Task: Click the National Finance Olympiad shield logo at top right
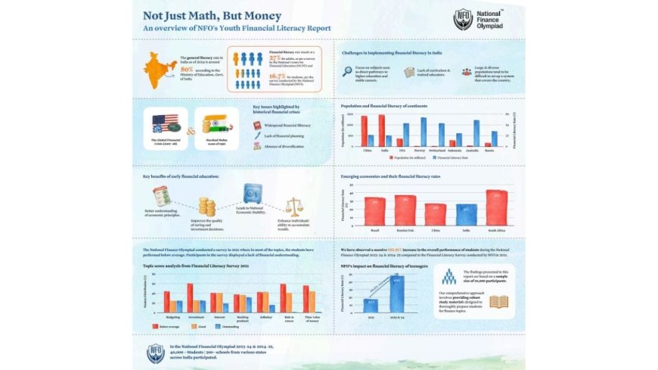click(x=463, y=19)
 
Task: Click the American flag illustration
click(x=164, y=123)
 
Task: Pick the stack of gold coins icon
click(x=206, y=207)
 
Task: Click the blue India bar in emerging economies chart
click(x=465, y=214)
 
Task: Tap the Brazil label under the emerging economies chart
click(x=374, y=229)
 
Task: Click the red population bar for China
click(x=364, y=130)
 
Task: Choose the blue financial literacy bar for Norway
click(x=424, y=131)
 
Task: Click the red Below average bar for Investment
click(x=190, y=298)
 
